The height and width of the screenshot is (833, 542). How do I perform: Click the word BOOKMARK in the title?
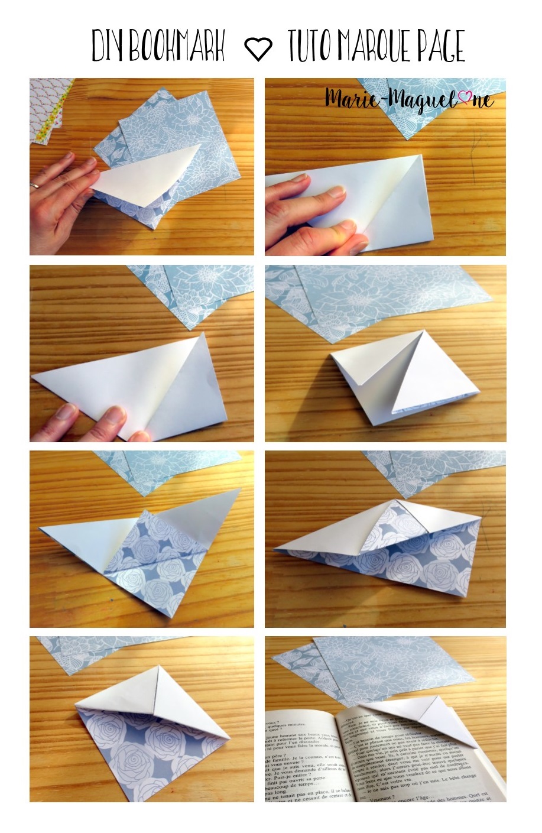point(177,46)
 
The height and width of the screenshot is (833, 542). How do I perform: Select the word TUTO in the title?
point(311,46)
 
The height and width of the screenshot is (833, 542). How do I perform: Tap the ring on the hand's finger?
point(34,185)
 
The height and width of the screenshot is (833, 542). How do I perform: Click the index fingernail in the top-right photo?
point(337,192)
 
